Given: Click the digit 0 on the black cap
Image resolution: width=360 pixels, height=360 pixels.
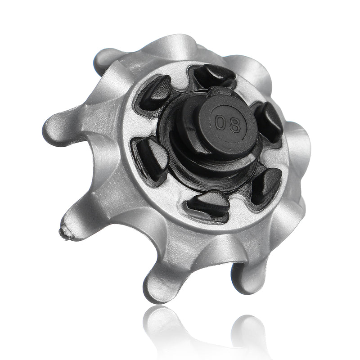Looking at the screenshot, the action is click(220, 121).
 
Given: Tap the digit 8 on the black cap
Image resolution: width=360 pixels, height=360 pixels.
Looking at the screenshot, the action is click(235, 126).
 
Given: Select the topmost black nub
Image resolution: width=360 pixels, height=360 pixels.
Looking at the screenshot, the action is click(215, 75).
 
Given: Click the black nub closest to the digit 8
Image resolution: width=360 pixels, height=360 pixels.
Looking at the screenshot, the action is click(269, 121).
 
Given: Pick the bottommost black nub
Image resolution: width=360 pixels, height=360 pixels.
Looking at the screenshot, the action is click(208, 205).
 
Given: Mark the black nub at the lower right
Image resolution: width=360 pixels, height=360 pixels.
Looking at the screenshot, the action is click(266, 185).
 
